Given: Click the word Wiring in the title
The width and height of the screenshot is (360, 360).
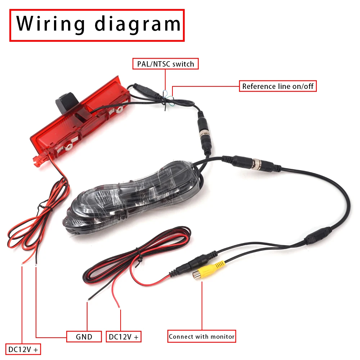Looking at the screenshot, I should pos(51,23).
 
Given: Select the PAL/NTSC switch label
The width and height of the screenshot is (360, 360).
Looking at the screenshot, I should pos(165,64).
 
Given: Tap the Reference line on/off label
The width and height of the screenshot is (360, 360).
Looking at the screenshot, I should pos(278,86).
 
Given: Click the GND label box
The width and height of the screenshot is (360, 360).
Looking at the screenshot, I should pos(84,337).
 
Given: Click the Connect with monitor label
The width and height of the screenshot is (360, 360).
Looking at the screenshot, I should pos(202,337).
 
